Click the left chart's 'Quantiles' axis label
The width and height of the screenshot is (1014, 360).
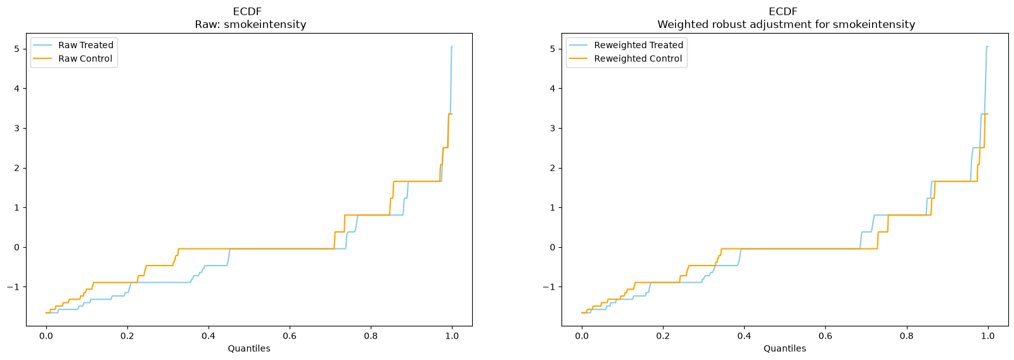[x=249, y=349]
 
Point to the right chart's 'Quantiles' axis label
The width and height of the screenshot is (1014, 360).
[x=785, y=349]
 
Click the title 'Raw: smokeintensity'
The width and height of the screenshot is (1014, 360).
[x=250, y=25]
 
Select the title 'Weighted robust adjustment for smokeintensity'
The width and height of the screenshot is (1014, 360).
[x=786, y=25]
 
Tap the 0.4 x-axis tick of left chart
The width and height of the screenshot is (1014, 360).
[x=209, y=336]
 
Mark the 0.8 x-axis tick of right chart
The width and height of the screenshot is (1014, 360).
[x=907, y=336]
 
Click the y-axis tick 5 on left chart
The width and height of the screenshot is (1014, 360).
[x=17, y=49]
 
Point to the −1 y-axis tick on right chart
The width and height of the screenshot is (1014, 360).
[x=549, y=287]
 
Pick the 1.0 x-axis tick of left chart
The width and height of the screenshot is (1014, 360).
[x=452, y=336]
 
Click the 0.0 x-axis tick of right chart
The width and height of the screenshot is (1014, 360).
[x=582, y=336]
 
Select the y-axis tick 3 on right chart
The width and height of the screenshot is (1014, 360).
[x=553, y=128]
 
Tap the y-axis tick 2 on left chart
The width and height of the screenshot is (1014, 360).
[x=17, y=168]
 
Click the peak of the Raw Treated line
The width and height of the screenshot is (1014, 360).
[x=452, y=47]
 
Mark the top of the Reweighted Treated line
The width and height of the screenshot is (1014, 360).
[x=987, y=47]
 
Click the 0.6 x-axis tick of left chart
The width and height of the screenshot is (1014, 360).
[x=290, y=336]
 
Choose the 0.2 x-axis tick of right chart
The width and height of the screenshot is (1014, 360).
[x=663, y=336]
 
